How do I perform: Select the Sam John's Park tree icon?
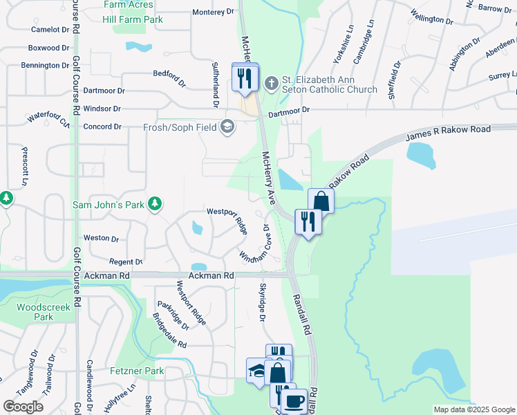point(156,203)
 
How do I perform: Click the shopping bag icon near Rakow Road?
point(321,201)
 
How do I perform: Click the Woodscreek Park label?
point(35,311)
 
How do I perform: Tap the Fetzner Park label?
point(137,371)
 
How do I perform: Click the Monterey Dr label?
point(214,12)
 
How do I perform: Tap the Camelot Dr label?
point(51,30)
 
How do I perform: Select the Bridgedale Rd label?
point(169,330)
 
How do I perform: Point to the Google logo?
point(23,407)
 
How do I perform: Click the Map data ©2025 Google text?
point(473,409)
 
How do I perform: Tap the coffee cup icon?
point(294,401)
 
